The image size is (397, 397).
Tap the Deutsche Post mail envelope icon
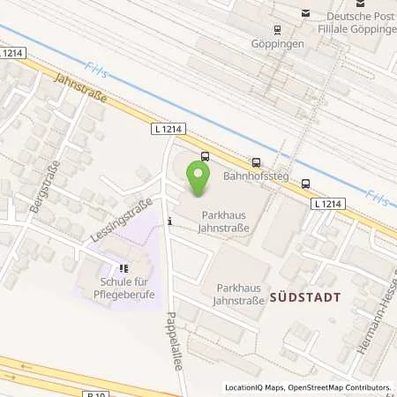pos(306,13)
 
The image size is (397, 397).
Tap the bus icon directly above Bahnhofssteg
pos(256,161)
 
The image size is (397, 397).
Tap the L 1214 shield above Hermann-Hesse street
pos(328,203)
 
